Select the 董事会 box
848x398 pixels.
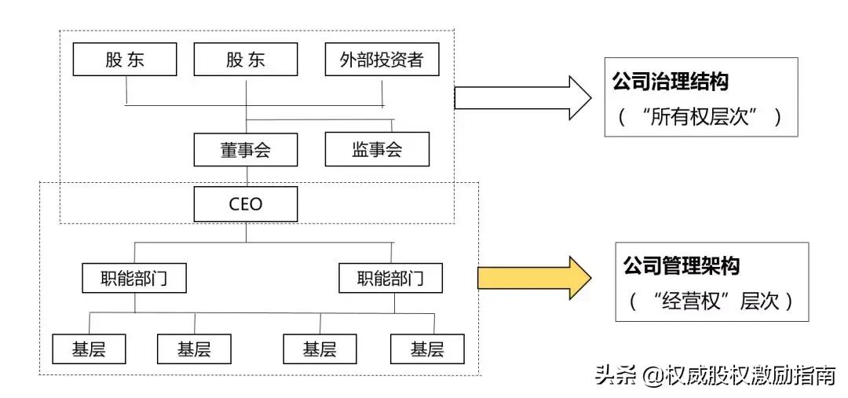pos(246,149)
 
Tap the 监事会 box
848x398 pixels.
pos(377,149)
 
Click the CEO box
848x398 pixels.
pos(246,205)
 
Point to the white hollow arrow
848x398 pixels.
pos(522,98)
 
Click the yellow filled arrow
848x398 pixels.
pos(534,277)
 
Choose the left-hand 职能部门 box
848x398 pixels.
pos(134,278)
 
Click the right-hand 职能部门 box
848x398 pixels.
pos(389,278)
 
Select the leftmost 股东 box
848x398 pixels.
pos(125,60)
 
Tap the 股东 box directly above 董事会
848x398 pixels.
pos(246,60)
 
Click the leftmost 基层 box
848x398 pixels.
pos(90,349)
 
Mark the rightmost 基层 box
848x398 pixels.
pos(427,349)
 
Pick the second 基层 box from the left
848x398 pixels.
pos(194,349)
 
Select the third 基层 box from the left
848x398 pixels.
pos(320,349)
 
